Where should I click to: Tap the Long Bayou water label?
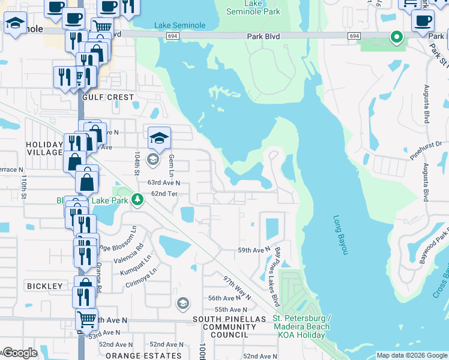pyautogui.click(x=340, y=235)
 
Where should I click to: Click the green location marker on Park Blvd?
pyautogui.click(x=396, y=37)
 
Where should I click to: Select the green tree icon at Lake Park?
pyautogui.click(x=138, y=199)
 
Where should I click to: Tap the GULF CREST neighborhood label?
pyautogui.click(x=108, y=97)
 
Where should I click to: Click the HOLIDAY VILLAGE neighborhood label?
pyautogui.click(x=44, y=148)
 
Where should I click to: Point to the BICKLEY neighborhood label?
pyautogui.click(x=44, y=286)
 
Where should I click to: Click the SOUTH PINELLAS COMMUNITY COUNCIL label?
pyautogui.click(x=229, y=326)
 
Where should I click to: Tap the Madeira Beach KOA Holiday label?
pyautogui.click(x=300, y=326)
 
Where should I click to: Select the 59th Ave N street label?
pyautogui.click(x=255, y=250)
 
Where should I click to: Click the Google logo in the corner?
pyautogui.click(x=20, y=353)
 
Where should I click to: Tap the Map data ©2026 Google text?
pyautogui.click(x=411, y=355)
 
